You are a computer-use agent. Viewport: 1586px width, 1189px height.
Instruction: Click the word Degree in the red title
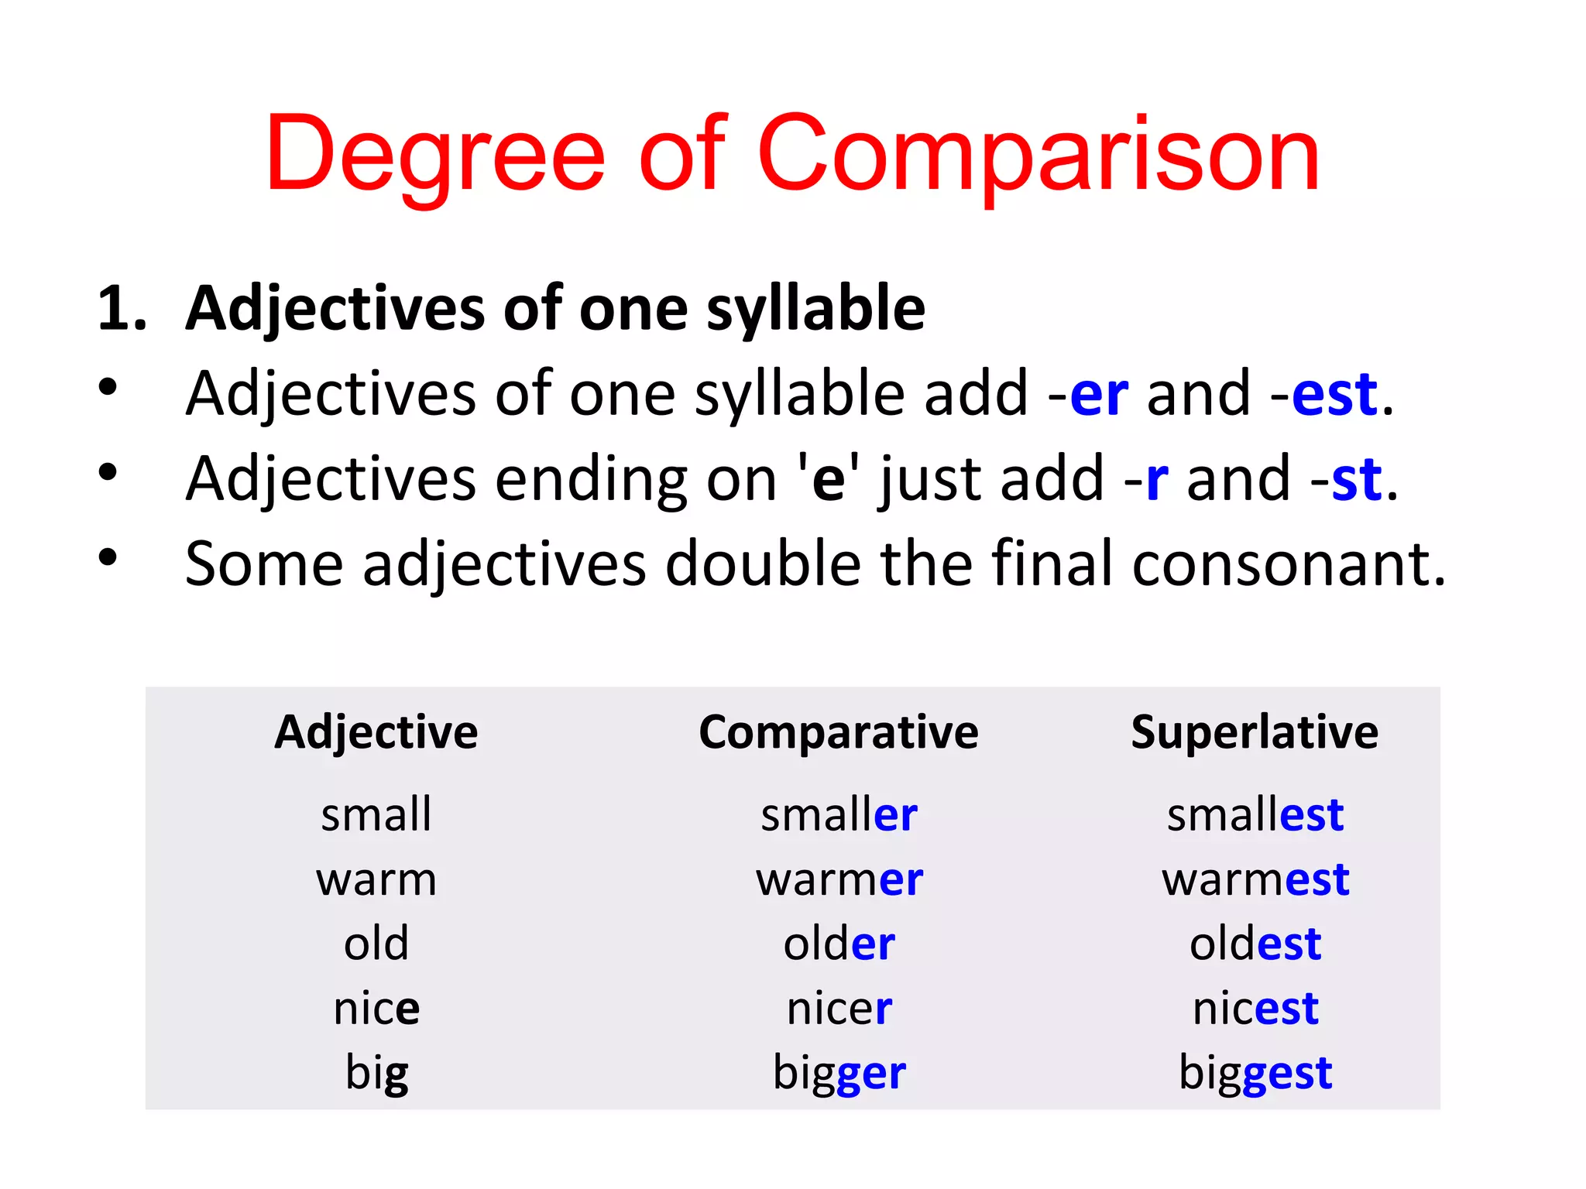(434, 155)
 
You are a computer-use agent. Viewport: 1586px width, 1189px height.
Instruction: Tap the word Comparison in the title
(1038, 155)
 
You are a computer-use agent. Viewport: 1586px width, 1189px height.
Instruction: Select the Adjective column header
(376, 732)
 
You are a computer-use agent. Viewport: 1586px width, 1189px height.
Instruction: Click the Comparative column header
(839, 732)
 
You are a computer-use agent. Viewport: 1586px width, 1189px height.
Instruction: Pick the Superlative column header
(1255, 732)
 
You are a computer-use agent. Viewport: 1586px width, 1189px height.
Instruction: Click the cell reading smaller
(839, 815)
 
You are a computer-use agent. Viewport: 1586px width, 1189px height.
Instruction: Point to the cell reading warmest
(1255, 880)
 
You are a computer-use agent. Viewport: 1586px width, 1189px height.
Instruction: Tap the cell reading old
(376, 944)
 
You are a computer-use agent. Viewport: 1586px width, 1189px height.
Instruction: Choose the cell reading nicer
(839, 1009)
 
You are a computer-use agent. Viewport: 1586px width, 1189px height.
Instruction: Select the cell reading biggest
(1255, 1074)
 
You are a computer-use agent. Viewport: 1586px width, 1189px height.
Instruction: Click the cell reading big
(376, 1074)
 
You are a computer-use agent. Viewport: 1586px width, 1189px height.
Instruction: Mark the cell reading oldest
(1255, 944)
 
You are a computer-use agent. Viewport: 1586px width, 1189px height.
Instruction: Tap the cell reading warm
(376, 880)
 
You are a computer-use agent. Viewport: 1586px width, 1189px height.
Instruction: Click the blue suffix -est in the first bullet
(1334, 395)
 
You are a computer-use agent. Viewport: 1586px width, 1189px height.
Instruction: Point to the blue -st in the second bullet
(1357, 480)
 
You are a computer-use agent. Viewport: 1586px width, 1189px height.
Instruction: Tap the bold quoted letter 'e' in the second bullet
(828, 480)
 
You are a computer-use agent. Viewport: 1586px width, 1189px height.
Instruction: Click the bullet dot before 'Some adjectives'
(108, 556)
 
